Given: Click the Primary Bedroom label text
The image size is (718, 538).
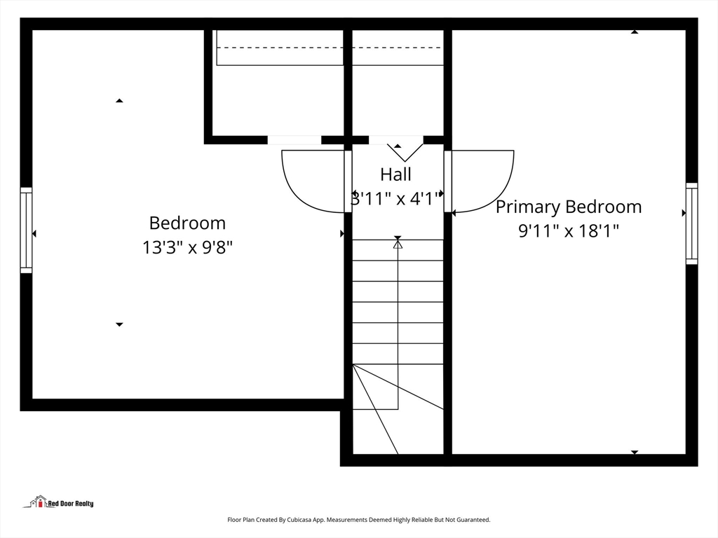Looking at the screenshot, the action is click(568, 207).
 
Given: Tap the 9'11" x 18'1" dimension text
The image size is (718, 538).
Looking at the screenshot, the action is click(568, 230).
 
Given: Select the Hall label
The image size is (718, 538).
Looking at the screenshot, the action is click(395, 174).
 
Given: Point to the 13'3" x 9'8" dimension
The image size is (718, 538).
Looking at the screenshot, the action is click(187, 247).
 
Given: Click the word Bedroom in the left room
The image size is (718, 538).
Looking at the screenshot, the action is click(187, 223).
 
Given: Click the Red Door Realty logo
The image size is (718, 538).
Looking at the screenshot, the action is click(58, 502).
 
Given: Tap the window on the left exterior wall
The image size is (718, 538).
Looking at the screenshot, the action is click(26, 230).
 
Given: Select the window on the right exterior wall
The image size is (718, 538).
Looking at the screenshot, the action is click(691, 223).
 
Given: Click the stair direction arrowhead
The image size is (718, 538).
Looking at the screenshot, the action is click(398, 244).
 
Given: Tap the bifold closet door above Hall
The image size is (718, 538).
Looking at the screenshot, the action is click(405, 153).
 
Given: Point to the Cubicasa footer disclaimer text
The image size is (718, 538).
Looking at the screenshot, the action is click(358, 520).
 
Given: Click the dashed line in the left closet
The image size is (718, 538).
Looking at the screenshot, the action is click(280, 47).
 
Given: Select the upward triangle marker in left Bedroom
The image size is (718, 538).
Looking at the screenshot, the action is click(119, 100).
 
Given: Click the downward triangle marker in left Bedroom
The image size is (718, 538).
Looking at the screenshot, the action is click(119, 324).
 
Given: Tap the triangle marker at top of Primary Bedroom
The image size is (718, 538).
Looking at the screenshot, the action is click(634, 32).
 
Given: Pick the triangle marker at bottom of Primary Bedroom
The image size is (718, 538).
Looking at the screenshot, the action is click(634, 452).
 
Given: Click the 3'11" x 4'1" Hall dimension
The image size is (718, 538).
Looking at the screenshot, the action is click(397, 198).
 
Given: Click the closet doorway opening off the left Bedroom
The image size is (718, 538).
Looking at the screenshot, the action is click(294, 140).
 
